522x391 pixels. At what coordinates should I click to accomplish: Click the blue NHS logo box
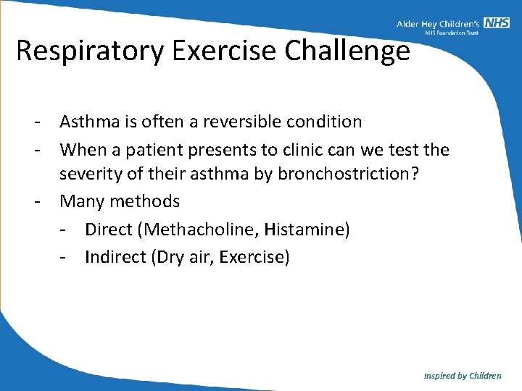pyautogui.click(x=497, y=23)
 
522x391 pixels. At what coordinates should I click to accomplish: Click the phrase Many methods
pyautogui.click(x=120, y=201)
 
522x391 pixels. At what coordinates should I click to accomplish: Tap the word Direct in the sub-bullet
pyautogui.click(x=112, y=230)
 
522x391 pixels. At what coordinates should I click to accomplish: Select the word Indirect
pyautogui.click(x=115, y=257)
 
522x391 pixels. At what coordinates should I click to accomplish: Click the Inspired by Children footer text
pyautogui.click(x=462, y=375)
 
